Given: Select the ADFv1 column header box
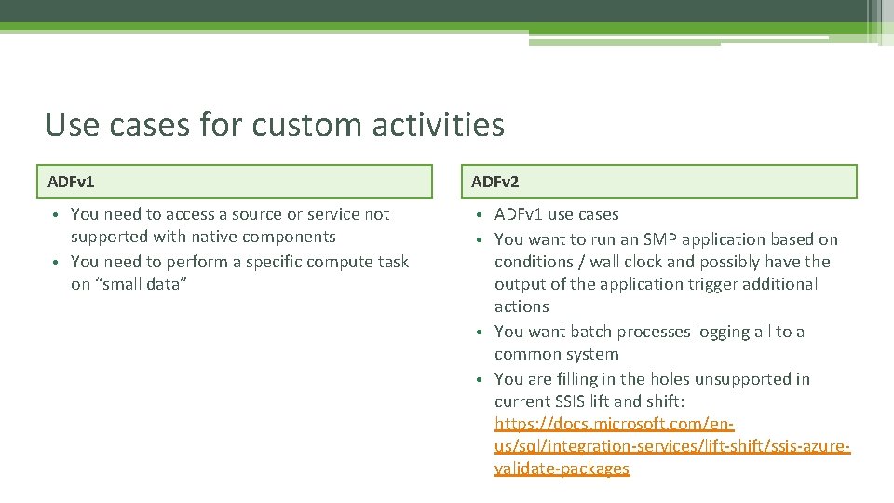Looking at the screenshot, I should [x=239, y=182].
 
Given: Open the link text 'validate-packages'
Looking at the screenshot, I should [x=562, y=469].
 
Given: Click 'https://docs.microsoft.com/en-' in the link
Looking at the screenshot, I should [x=615, y=424].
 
